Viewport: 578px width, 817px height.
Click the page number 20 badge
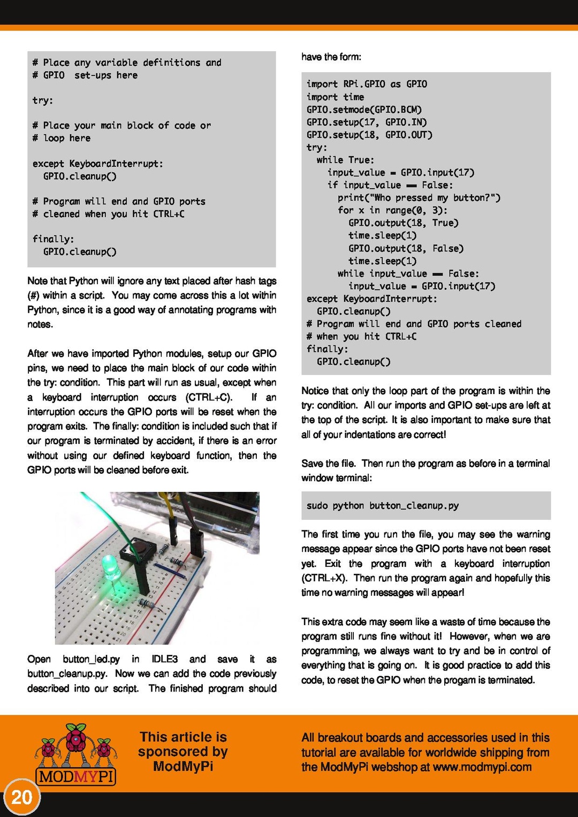pyautogui.click(x=21, y=797)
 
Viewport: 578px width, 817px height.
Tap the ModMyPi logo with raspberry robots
pyautogui.click(x=77, y=754)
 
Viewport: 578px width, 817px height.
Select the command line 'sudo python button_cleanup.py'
pyautogui.click(x=382, y=506)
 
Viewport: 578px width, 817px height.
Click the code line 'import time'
pyautogui.click(x=335, y=97)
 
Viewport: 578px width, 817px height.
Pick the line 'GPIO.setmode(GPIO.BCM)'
pyautogui.click(x=364, y=110)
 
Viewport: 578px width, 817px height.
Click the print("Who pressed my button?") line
pyautogui.click(x=419, y=198)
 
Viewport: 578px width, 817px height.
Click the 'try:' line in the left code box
pyautogui.click(x=42, y=101)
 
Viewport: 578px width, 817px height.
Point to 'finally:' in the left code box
pyautogui.click(x=53, y=239)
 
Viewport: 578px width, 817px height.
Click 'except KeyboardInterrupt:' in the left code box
pyautogui.click(x=97, y=164)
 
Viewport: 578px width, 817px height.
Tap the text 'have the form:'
pyautogui.click(x=331, y=57)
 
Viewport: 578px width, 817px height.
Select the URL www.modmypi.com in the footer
pyautogui.click(x=482, y=767)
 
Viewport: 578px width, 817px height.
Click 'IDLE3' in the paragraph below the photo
pyautogui.click(x=164, y=659)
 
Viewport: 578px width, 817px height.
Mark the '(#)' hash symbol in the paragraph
pyautogui.click(x=33, y=295)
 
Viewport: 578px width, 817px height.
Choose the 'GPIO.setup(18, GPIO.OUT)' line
pyautogui.click(x=369, y=135)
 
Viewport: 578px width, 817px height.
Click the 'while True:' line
pyautogui.click(x=345, y=160)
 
